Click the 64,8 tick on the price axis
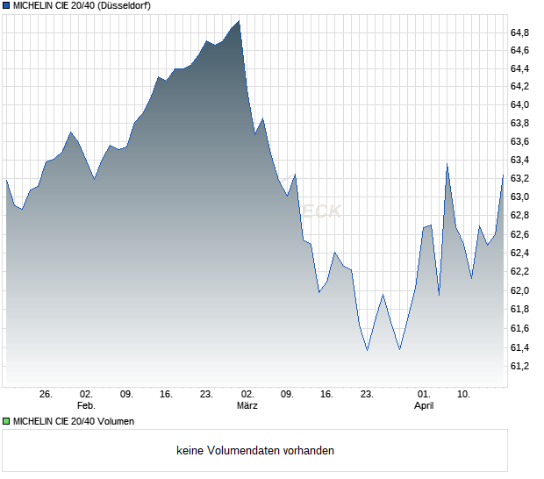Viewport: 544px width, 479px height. [x=519, y=32]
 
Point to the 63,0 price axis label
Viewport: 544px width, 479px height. [x=519, y=197]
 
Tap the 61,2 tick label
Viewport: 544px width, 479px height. [x=519, y=366]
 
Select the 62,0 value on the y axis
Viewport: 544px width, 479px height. [x=519, y=291]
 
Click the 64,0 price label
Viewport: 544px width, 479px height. [x=519, y=104]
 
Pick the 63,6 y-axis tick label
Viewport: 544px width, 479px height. [x=519, y=141]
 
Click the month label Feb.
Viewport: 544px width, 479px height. [x=85, y=405]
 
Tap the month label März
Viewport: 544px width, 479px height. [x=247, y=405]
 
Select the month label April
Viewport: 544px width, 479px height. [x=424, y=405]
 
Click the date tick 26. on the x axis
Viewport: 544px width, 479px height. [x=47, y=394]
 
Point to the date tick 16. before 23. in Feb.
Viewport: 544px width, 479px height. [x=166, y=394]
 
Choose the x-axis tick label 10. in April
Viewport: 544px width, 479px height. [x=464, y=394]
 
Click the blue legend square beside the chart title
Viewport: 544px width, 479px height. [x=6, y=5]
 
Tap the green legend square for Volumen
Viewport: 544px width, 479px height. [x=6, y=421]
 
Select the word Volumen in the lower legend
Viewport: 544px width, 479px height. [x=115, y=421]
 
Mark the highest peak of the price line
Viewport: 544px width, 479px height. [x=239, y=21]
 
